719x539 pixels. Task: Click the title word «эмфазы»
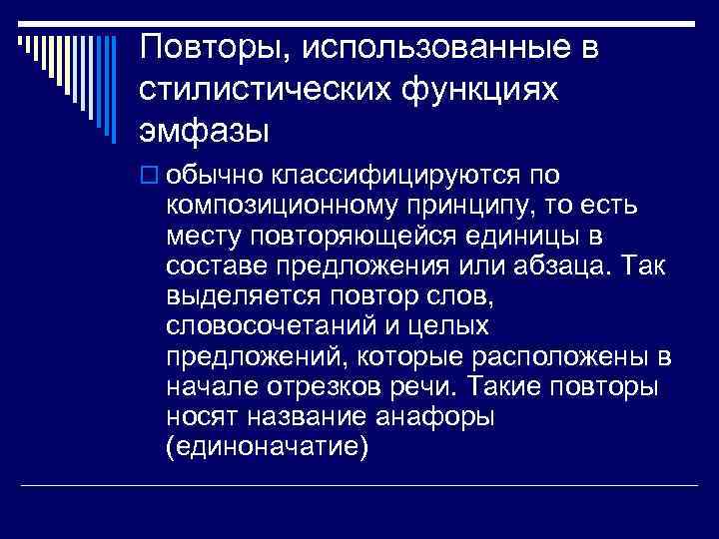[203, 133]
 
